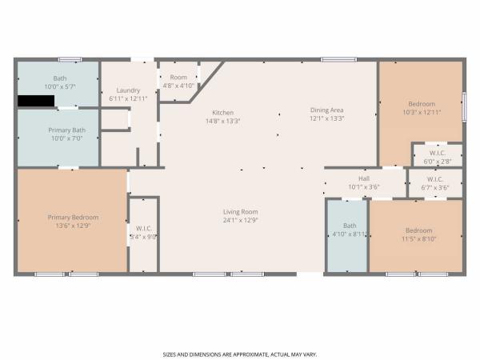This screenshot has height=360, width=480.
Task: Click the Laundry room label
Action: click(128, 90)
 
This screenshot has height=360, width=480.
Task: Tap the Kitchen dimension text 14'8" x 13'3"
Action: click(223, 121)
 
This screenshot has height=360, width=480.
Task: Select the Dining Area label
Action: click(327, 110)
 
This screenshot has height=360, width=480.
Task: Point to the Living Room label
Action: click(240, 212)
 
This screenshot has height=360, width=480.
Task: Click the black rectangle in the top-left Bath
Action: click(36, 101)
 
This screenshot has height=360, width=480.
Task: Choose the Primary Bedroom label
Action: click(73, 218)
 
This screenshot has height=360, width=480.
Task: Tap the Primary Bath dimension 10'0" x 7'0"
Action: click(67, 138)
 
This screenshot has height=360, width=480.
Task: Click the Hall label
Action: click(364, 178)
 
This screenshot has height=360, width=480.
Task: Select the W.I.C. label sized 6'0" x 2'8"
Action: click(438, 153)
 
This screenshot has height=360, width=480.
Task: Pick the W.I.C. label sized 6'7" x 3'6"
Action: click(434, 179)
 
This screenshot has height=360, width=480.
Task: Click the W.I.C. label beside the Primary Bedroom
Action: click(144, 229)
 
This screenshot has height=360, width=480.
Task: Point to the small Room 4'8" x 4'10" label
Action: click(178, 78)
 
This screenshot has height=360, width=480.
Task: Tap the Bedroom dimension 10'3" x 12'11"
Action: click(422, 112)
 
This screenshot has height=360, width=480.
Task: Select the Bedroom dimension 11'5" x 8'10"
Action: click(418, 239)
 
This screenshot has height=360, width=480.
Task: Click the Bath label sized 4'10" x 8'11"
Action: click(350, 226)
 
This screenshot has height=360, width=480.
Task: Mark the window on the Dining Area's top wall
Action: click(339, 60)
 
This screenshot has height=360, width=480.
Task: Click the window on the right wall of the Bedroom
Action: click(464, 106)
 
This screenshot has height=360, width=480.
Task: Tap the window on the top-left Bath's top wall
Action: click(70, 60)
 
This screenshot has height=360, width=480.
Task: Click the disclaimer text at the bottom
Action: click(240, 354)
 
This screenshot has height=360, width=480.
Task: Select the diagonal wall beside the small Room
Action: click(207, 82)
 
